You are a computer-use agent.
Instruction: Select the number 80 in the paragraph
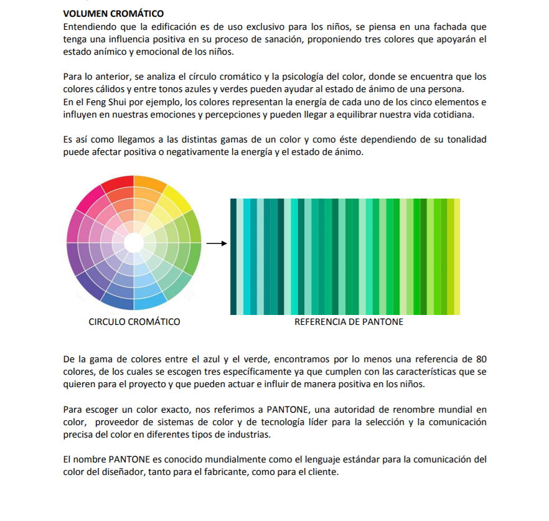[x=481, y=359]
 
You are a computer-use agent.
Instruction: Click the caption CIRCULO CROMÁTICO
[x=134, y=322]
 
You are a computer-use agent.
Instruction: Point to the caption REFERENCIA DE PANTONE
[x=349, y=322]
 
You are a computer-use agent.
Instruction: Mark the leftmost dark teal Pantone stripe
[x=233, y=256]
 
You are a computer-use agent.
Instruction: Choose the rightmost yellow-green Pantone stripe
[x=457, y=256]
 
